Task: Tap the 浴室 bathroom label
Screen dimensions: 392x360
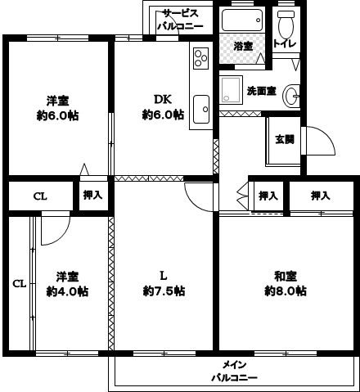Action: pos(242,47)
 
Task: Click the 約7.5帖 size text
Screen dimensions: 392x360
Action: pos(163,291)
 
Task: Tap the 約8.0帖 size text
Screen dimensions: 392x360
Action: pos(285,291)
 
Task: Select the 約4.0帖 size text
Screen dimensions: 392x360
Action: pos(67,291)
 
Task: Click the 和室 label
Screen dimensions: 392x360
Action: pos(285,275)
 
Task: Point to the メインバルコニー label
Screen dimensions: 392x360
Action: pos(234,371)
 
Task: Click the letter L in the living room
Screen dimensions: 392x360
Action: pos(163,275)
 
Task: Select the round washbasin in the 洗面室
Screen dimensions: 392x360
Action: pos(292,97)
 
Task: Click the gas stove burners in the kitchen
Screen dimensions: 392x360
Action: pos(201,59)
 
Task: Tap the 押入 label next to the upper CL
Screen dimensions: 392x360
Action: pos(92,195)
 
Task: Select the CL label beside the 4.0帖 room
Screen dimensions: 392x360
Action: pos(20,283)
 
